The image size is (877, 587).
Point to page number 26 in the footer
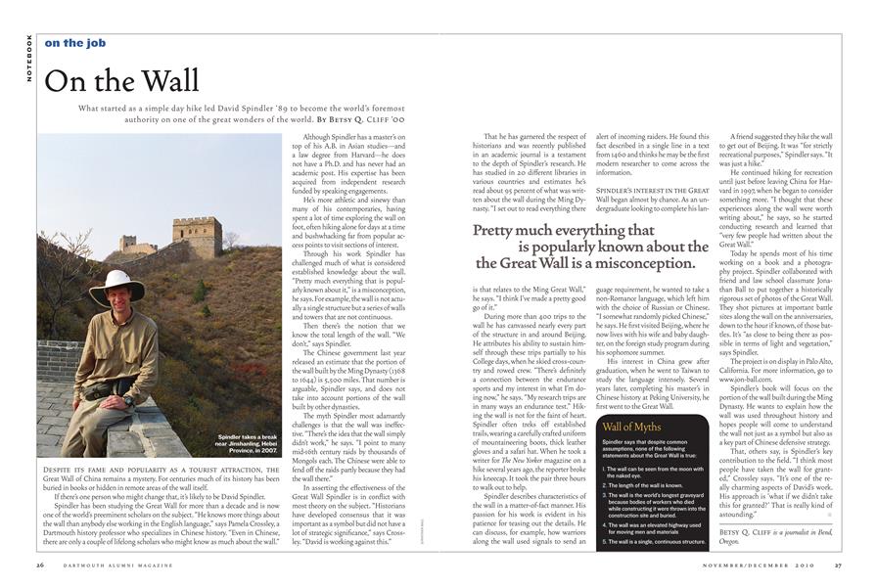coord(39,564)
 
